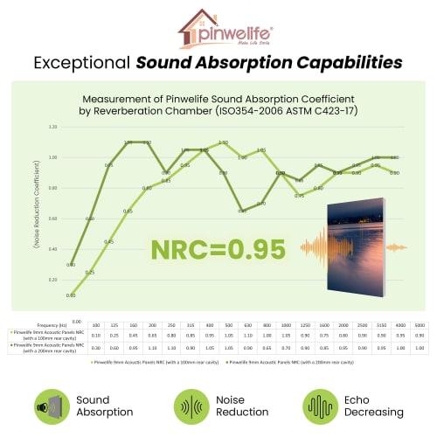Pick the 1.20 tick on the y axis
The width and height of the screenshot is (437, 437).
click(53, 127)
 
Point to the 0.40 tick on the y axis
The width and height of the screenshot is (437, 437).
click(53, 249)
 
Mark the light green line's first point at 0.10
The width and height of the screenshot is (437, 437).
click(71, 295)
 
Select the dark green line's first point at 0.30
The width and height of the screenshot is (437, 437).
click(71, 264)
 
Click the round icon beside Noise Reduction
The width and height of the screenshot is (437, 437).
click(190, 406)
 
